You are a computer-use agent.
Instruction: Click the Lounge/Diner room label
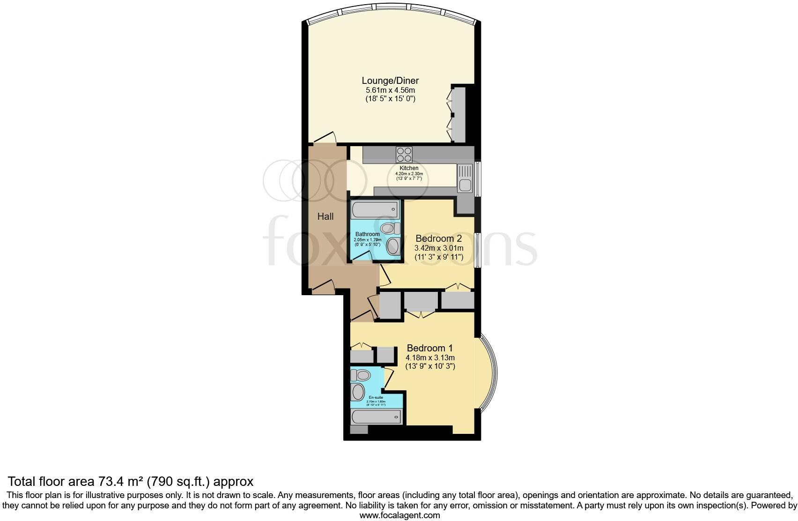[390, 81]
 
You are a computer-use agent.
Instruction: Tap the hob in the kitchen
[404, 155]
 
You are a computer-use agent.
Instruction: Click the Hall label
[325, 216]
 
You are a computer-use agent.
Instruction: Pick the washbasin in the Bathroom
[392, 246]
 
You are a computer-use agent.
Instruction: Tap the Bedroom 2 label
[438, 238]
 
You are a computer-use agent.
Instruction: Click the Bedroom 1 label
[429, 348]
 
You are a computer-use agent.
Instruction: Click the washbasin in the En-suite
[358, 392]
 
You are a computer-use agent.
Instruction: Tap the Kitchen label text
[409, 168]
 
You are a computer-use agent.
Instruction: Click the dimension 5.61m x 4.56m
[390, 90]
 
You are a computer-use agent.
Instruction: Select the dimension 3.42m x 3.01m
[439, 248]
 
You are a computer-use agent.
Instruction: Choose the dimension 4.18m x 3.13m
[430, 357]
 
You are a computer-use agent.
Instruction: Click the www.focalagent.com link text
[399, 515]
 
